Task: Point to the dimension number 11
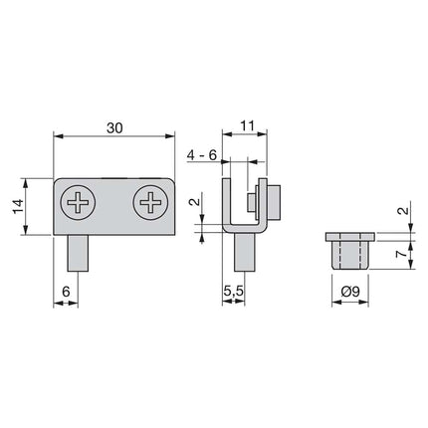point(248,125)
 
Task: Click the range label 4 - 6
point(204,153)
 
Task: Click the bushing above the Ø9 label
point(350,253)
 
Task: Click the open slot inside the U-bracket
point(243,204)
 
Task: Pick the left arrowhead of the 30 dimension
point(56,138)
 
